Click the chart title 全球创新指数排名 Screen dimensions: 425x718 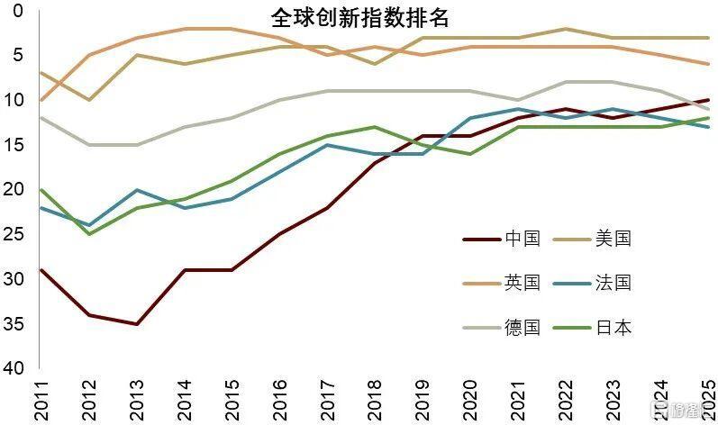click(359, 18)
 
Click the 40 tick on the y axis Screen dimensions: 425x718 click(14, 369)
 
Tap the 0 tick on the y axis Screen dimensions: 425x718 click(19, 11)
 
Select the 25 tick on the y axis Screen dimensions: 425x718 click(14, 234)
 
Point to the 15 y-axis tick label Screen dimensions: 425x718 click(14, 145)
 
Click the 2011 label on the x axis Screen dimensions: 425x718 click(41, 399)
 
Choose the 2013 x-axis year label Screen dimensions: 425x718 click(136, 399)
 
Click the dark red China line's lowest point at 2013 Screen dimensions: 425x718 click(136, 324)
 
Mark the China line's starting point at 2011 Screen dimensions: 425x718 click(41, 270)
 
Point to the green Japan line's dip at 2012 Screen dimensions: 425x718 click(89, 234)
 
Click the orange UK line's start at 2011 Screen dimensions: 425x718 click(41, 100)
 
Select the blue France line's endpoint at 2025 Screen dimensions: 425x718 click(707, 127)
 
